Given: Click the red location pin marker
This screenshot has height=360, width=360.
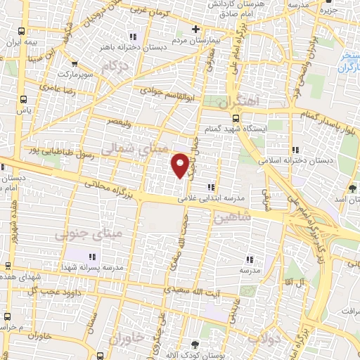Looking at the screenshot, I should click(x=180, y=165).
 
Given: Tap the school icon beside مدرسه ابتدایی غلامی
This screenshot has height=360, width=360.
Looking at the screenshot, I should click(x=211, y=187).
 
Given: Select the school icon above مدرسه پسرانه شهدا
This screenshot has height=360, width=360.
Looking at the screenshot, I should click(x=92, y=257).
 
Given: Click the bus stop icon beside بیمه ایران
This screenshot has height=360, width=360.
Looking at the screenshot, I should click(x=24, y=32).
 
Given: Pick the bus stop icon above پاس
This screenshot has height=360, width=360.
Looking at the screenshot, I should click(x=24, y=99).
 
